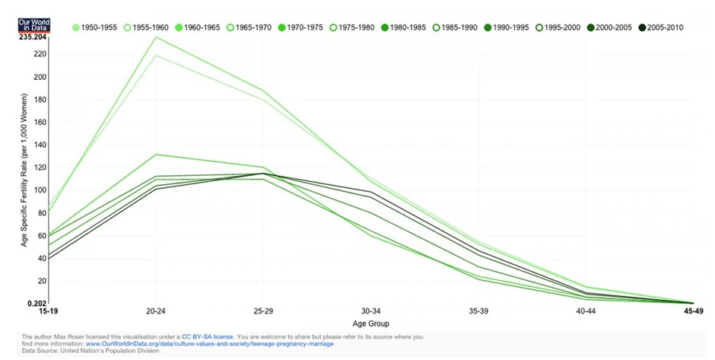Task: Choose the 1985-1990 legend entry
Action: point(454,27)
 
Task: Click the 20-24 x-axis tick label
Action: point(157,312)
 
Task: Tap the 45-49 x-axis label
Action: point(692,312)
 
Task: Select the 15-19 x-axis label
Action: point(49,312)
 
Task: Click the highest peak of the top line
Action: point(157,37)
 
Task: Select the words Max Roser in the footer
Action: point(68,336)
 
